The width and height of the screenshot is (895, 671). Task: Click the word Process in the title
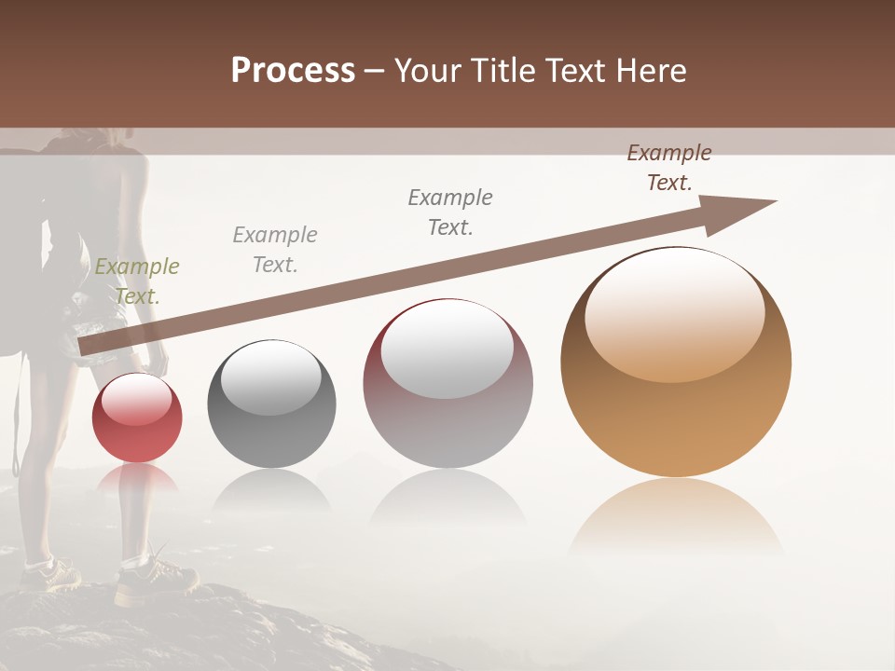(293, 71)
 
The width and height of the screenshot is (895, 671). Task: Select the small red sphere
(137, 418)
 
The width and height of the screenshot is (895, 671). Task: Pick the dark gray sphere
(271, 404)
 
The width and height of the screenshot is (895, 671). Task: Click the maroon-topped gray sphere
(447, 384)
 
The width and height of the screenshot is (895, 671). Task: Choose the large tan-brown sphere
(676, 363)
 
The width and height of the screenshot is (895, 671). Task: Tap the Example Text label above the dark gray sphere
(275, 250)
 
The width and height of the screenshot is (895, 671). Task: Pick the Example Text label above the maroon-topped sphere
(450, 212)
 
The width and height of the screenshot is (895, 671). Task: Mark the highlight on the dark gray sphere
(271, 377)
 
